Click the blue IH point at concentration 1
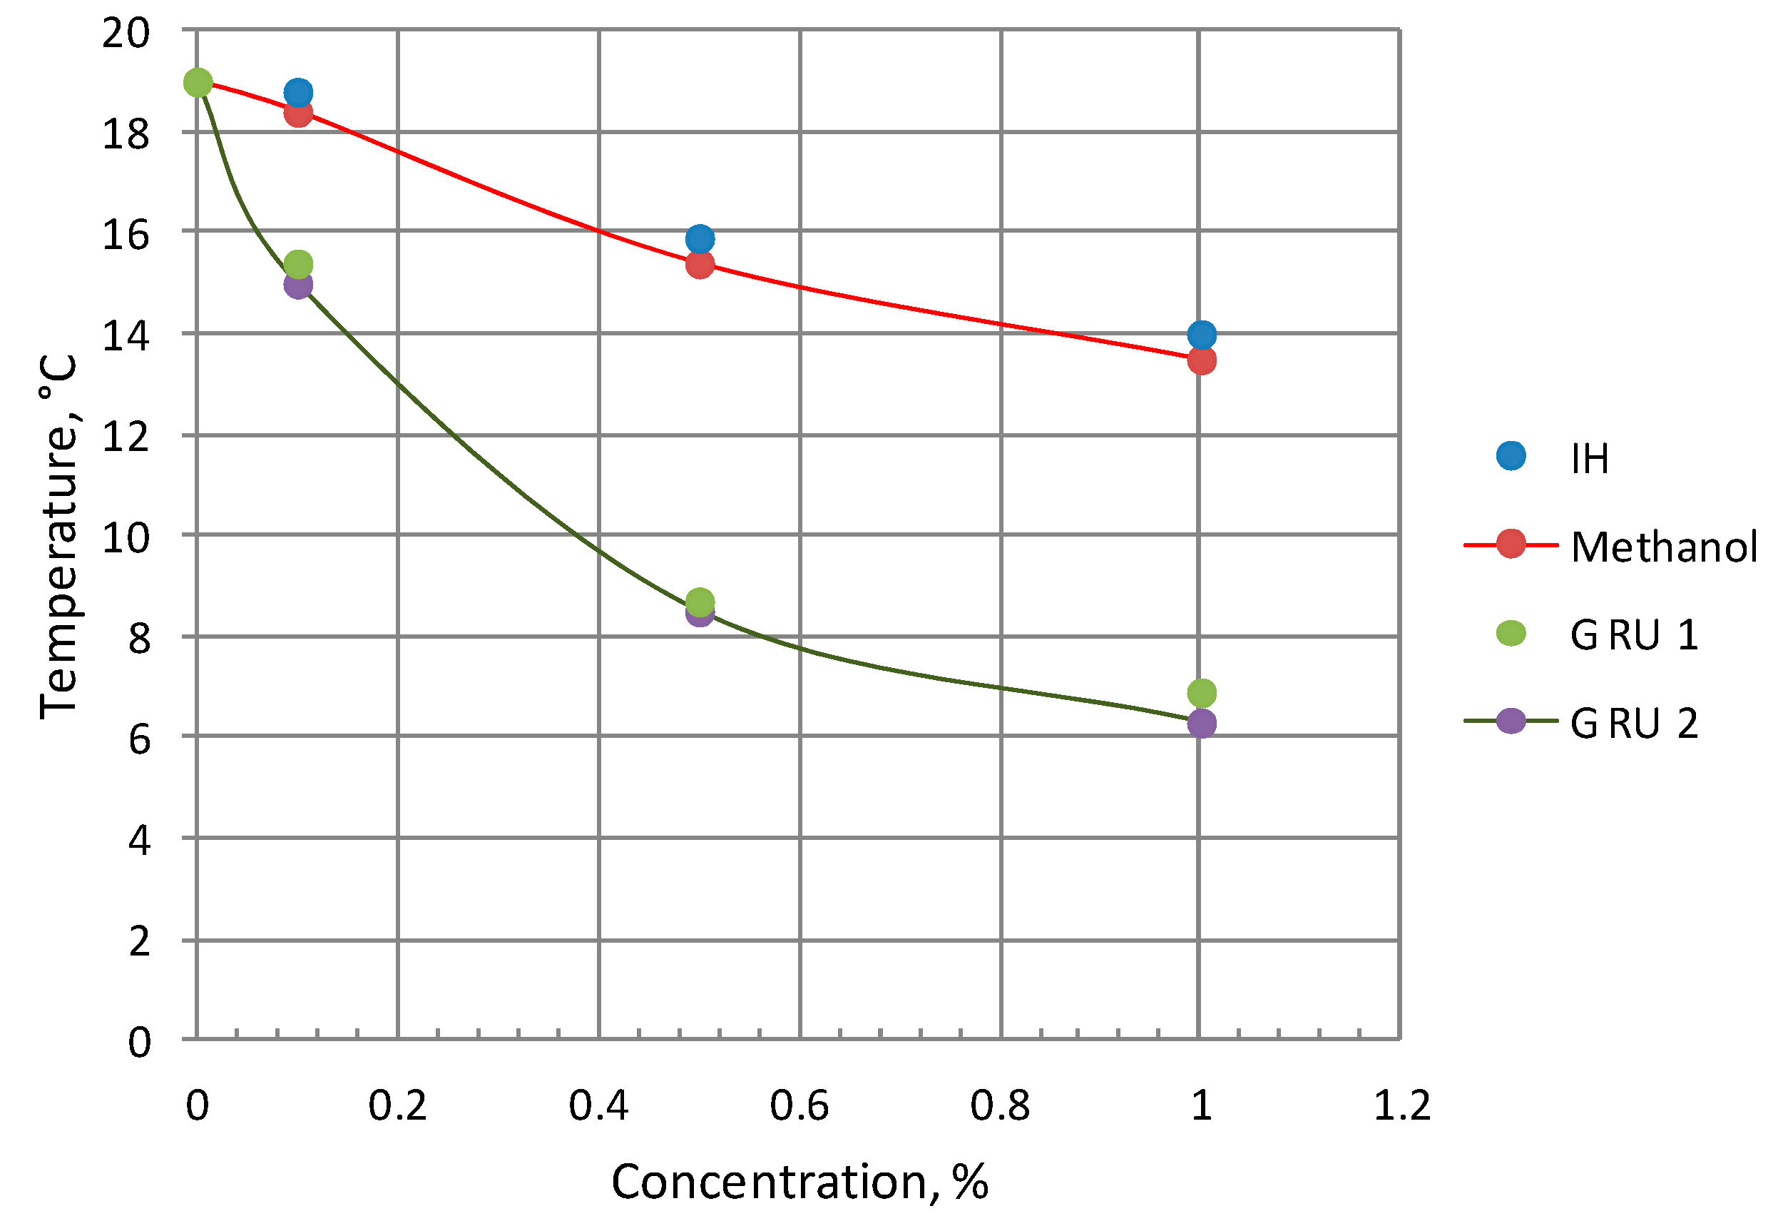(x=1201, y=335)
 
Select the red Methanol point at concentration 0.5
(x=699, y=264)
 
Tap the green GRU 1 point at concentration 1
(x=1201, y=693)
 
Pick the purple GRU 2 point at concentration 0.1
(x=297, y=285)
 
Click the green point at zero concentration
(x=198, y=82)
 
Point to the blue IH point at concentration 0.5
(x=699, y=238)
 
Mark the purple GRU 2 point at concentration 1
(x=1201, y=723)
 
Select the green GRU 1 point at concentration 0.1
(x=297, y=264)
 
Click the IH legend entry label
(x=1589, y=460)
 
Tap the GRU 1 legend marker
(x=1511, y=633)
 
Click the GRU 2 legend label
(x=1633, y=724)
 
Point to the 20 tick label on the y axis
(x=126, y=34)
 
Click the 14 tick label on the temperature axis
(x=126, y=336)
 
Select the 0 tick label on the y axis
(x=138, y=1043)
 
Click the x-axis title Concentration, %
(x=799, y=1182)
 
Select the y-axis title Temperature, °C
(x=59, y=536)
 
